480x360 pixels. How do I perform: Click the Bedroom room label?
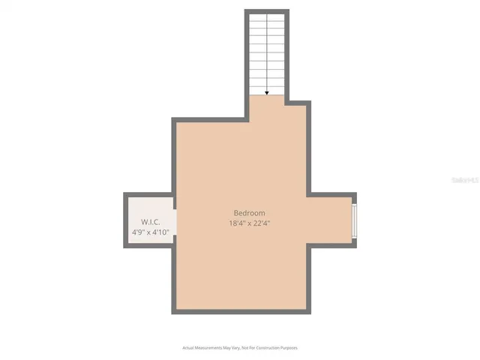coord(249,213)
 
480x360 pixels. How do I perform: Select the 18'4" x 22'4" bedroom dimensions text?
coord(249,223)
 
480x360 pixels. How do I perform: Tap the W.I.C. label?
coord(150,222)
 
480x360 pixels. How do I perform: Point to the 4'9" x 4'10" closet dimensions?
coord(150,232)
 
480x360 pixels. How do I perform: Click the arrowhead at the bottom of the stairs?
coord(267,93)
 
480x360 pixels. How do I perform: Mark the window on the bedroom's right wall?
coord(355,217)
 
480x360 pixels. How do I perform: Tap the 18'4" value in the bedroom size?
coord(236,223)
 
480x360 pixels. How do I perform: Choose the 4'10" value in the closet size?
coord(160,232)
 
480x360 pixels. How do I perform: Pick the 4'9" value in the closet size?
coord(138,232)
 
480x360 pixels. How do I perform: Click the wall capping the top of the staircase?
coord(267,11)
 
